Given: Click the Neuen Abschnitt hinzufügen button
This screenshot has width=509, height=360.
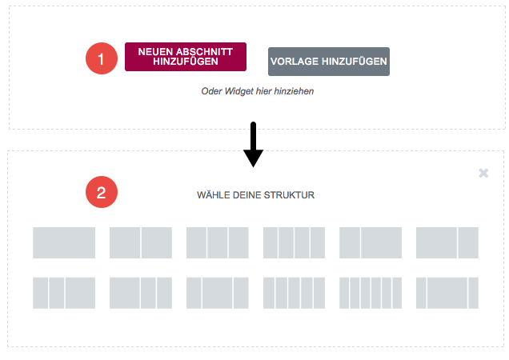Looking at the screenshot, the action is [186, 57].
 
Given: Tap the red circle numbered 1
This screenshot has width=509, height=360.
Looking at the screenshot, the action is [102, 58].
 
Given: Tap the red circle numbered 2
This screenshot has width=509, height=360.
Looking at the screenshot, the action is [102, 192].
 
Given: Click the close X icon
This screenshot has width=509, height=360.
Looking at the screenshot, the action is [483, 173].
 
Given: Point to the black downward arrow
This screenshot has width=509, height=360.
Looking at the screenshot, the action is [253, 145].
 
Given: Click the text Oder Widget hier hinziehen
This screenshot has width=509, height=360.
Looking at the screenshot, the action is [258, 91].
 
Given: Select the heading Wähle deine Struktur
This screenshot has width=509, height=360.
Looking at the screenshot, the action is [256, 195].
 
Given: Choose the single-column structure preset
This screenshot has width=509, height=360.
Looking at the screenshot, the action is [64, 243].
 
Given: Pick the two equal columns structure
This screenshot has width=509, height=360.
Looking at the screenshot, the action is [141, 243].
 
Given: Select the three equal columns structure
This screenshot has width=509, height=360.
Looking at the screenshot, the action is [218, 243].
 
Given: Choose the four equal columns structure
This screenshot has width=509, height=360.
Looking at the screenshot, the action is [294, 243].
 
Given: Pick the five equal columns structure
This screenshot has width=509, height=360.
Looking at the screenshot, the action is [294, 293].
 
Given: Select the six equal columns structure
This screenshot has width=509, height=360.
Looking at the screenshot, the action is [371, 293].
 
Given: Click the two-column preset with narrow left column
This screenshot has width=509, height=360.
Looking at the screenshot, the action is [371, 243].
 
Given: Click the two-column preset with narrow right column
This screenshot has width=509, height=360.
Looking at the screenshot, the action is [447, 243].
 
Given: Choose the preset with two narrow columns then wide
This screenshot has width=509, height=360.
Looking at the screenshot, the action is [64, 293].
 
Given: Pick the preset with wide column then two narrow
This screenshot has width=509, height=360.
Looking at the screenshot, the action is [141, 293].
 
